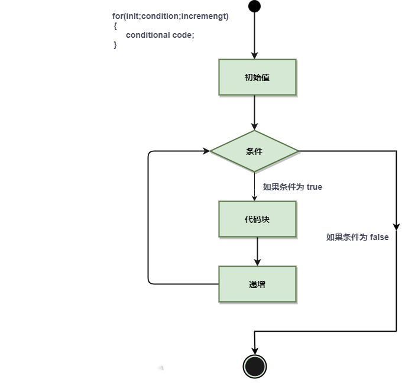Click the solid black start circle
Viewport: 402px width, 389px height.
coord(254,7)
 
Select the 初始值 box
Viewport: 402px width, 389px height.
coord(257,77)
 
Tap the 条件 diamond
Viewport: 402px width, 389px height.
coord(255,151)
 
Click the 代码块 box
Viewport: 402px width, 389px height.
coord(257,219)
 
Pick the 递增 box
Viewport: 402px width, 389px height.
coord(257,284)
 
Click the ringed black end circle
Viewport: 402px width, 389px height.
coord(255,367)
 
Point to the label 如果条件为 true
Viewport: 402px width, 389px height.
coord(293,187)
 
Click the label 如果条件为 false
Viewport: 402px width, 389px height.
coord(357,237)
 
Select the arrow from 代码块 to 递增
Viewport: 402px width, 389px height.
coord(257,251)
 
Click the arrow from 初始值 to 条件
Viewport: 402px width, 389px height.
coord(254,112)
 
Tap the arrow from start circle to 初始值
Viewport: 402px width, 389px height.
coord(254,35)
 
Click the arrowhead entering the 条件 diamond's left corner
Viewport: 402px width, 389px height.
coord(206,151)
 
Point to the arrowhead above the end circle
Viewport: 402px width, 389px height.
coord(255,351)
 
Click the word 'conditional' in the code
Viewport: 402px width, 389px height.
coord(148,35)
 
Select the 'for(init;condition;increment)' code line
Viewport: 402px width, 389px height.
coord(170,16)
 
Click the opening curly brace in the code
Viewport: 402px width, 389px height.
coord(115,26)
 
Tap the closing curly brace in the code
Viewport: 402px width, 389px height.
coord(115,45)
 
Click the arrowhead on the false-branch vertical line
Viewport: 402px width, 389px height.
coord(396,226)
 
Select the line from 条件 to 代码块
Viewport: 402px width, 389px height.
coord(255,187)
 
